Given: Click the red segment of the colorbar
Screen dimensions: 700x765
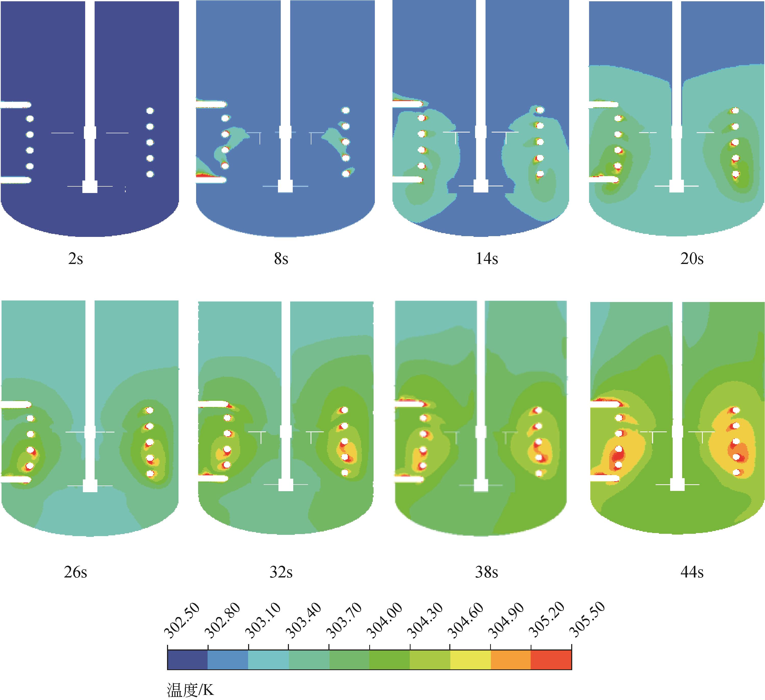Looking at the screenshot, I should click(551, 660).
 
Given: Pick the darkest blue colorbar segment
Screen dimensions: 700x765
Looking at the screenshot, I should click(187, 660).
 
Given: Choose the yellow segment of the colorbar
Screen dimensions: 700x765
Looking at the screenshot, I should click(470, 660).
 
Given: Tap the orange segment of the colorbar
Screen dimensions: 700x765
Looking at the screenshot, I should click(511, 660).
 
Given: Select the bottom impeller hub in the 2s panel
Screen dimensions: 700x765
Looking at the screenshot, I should click(90, 187).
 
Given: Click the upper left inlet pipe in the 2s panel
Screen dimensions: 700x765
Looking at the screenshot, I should click(15, 104).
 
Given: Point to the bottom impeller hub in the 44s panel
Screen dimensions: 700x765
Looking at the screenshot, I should click(677, 485).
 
